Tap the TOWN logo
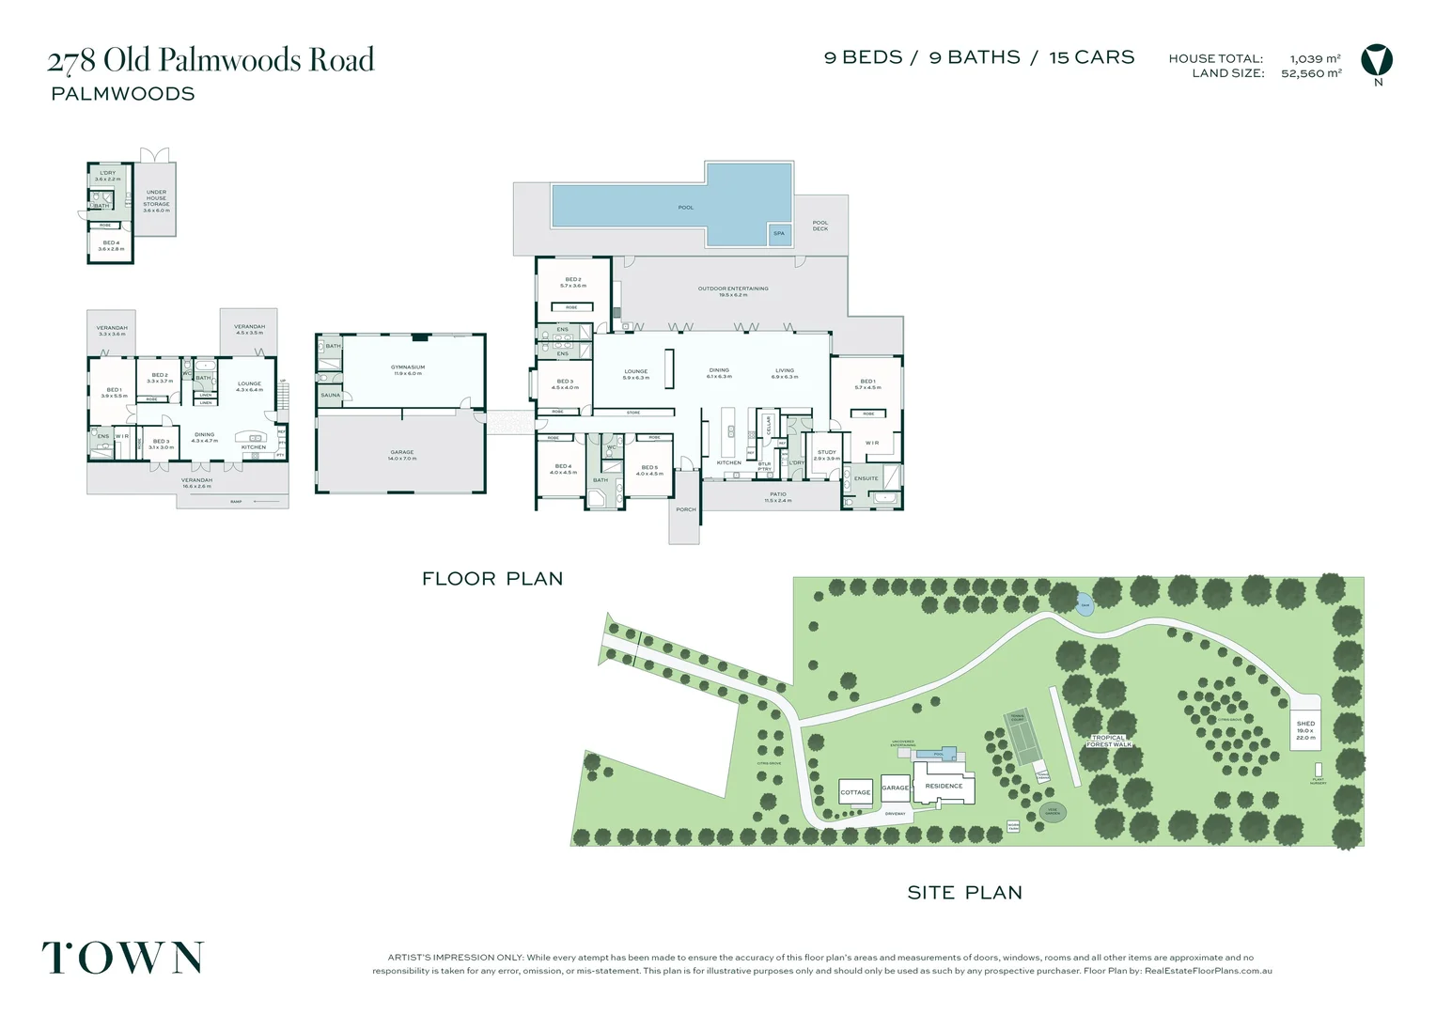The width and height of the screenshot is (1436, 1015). click(123, 958)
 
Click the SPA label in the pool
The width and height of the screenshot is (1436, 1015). click(779, 234)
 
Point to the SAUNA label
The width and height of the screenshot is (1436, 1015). click(331, 396)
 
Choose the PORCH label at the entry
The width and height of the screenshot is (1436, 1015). click(686, 509)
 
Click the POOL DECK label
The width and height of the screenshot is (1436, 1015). click(820, 226)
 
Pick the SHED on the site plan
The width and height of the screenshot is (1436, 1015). click(1305, 729)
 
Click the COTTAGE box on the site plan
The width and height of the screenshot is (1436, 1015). click(855, 792)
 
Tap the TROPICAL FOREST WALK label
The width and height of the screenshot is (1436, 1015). click(1109, 741)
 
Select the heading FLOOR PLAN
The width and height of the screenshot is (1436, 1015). click(492, 579)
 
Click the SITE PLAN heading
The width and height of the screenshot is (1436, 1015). click(964, 893)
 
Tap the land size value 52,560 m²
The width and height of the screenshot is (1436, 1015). click(1311, 73)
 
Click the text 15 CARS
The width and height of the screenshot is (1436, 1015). click(1091, 57)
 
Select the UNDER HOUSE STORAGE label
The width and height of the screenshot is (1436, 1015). click(156, 201)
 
